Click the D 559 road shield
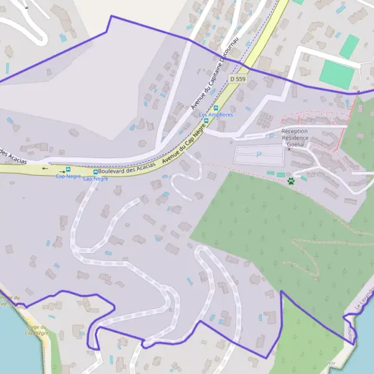click(236, 79)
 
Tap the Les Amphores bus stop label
click(216, 115)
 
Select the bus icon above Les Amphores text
click(216, 108)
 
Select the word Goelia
click(295, 144)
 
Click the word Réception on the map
click(294, 132)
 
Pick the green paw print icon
click(291, 181)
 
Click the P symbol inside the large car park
click(259, 155)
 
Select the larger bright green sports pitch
click(337, 74)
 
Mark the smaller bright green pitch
click(349, 46)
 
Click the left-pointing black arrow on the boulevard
click(44, 168)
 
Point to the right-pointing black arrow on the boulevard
click(62, 171)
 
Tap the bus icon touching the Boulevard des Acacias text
click(95, 172)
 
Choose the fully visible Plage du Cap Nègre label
click(37, 330)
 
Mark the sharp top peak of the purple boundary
click(111, 16)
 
